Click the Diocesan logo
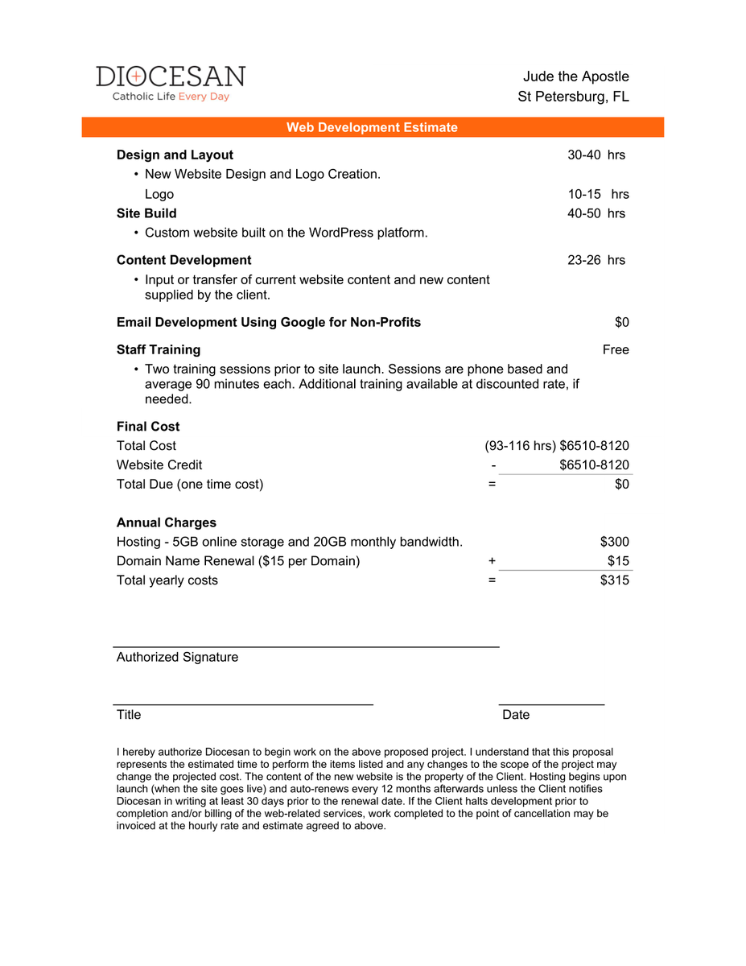(170, 83)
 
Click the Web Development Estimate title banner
(372, 127)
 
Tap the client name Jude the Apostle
(575, 76)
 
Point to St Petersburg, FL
(573, 97)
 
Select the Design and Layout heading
(175, 155)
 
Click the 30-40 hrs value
(596, 155)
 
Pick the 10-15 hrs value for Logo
(598, 194)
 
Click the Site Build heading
(146, 213)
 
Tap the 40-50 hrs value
(596, 213)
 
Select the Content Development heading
(183, 260)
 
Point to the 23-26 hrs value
(596, 260)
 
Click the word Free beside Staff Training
(616, 349)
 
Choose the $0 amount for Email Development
(621, 322)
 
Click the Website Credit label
(159, 464)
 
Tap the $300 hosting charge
(615, 542)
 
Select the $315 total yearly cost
(615, 580)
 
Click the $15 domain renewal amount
(618, 561)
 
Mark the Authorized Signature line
(306, 646)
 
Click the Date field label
(516, 715)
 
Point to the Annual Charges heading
(167, 522)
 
